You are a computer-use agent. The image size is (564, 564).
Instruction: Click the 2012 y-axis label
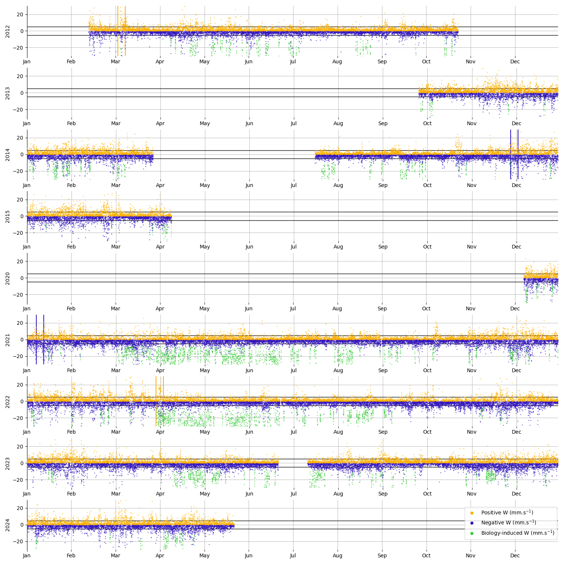point(8,31)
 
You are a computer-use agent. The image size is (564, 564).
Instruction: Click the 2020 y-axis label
point(8,278)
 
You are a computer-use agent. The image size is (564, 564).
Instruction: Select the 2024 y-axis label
point(8,525)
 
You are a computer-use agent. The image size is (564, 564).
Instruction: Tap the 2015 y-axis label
point(8,217)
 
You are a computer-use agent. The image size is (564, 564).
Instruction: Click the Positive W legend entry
point(507,513)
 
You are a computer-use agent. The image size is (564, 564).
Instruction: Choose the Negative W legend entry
point(508,523)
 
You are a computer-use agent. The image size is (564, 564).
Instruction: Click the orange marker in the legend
point(472,513)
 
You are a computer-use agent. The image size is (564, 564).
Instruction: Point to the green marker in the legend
point(472,533)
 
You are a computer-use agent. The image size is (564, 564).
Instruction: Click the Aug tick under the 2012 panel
point(337,62)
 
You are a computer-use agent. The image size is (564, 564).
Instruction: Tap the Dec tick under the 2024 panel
point(515,555)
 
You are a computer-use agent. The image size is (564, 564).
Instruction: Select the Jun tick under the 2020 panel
point(249,308)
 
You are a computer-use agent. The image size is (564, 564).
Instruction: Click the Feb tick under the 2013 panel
point(71,123)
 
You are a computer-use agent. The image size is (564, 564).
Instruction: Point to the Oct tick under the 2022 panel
point(427,432)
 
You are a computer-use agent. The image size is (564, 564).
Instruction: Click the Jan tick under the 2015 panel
point(27,247)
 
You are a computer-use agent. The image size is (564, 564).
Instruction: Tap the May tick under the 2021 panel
point(205,370)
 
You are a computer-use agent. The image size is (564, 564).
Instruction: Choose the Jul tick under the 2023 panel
point(293,494)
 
